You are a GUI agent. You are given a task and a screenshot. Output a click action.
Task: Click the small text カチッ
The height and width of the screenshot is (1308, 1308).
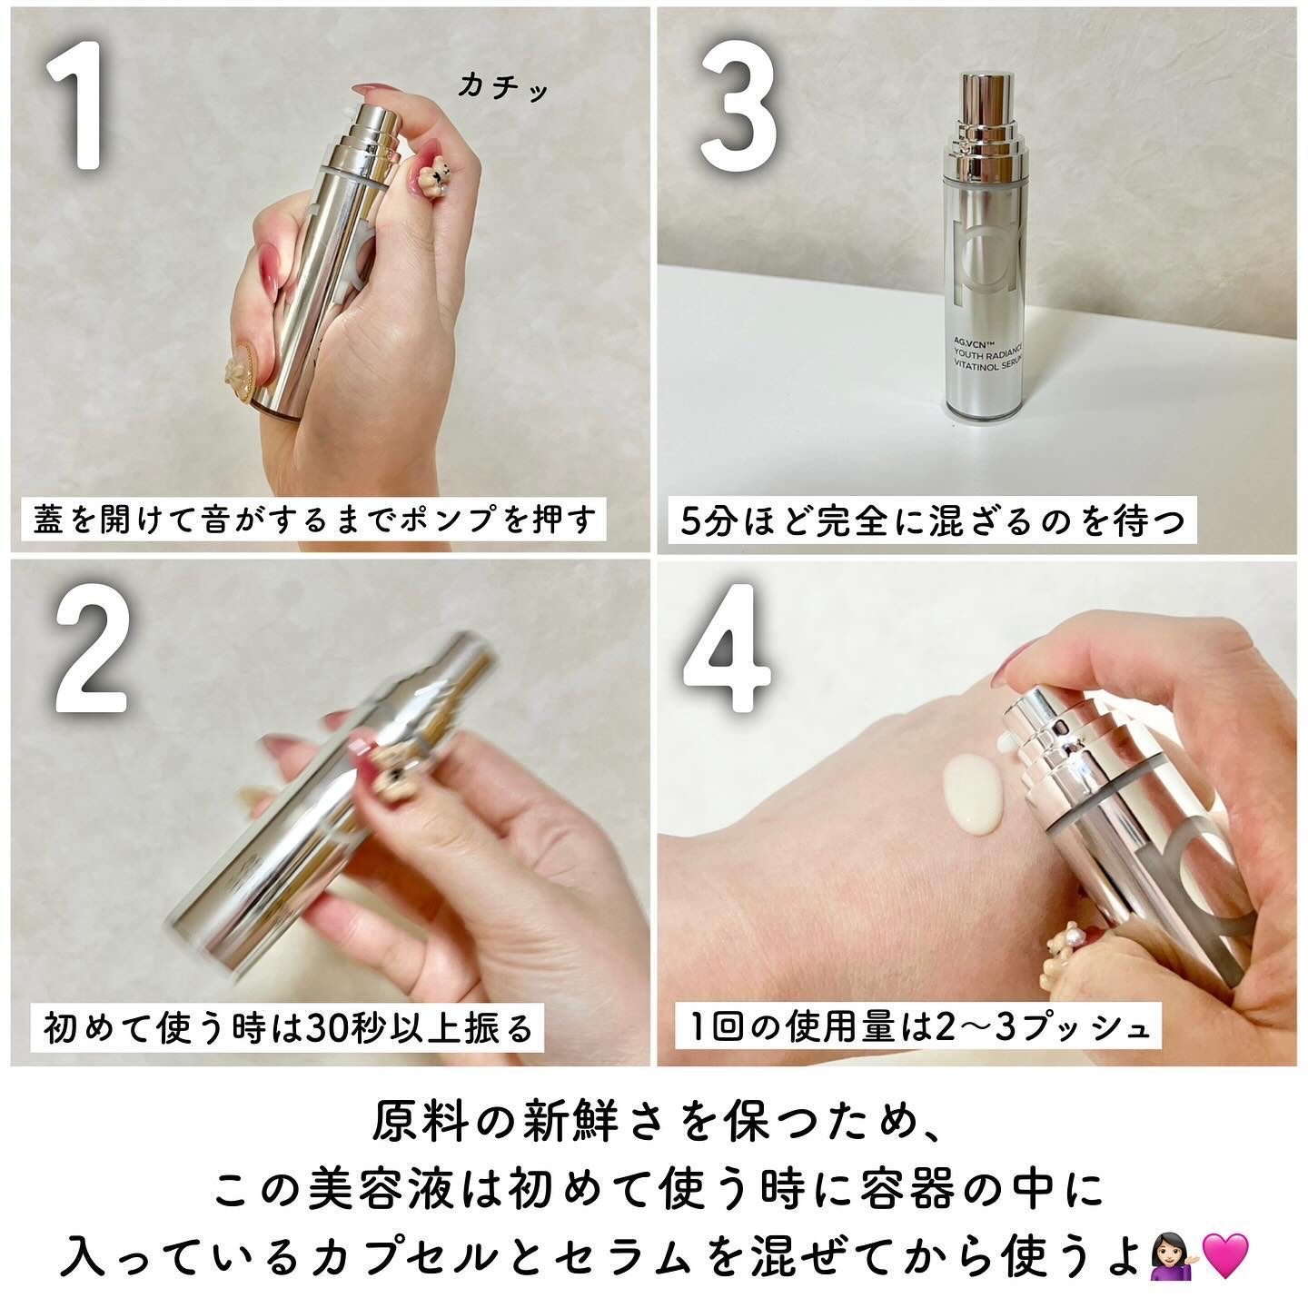click(503, 87)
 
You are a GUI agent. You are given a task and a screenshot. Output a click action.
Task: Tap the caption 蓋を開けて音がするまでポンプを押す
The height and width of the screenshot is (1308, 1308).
click(314, 519)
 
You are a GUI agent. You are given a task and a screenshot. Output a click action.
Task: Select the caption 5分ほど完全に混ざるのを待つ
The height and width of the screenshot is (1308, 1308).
click(933, 521)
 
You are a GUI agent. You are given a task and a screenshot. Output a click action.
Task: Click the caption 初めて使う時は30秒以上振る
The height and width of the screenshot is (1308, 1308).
click(288, 1027)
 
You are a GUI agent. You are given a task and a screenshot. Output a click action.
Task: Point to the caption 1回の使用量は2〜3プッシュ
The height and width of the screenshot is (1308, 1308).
click(919, 1027)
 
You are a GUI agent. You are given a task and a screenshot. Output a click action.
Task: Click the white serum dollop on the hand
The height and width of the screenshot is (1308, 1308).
click(973, 792)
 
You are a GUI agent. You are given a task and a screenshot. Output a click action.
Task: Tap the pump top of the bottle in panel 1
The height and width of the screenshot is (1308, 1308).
click(372, 120)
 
